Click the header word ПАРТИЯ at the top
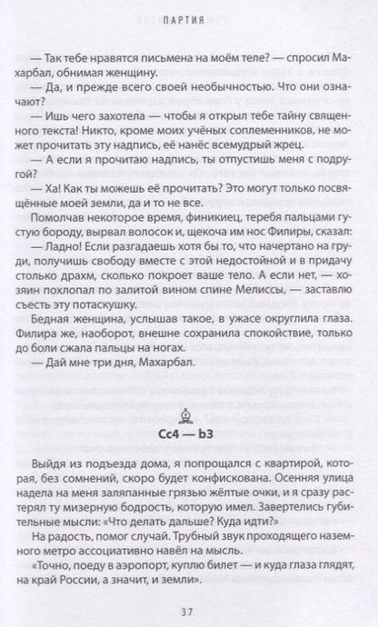click(188, 17)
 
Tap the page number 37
click(188, 606)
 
